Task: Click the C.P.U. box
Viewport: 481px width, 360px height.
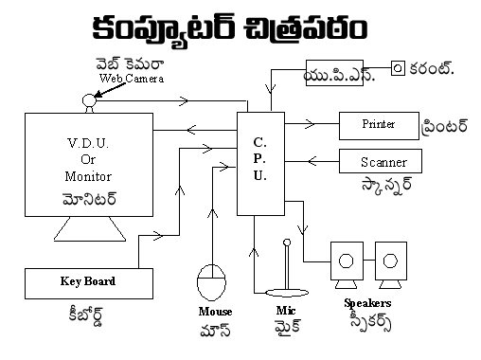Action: (260, 160)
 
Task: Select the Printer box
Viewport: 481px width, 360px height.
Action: (379, 125)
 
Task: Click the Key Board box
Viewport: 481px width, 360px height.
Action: (86, 281)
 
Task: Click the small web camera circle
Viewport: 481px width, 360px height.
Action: (90, 99)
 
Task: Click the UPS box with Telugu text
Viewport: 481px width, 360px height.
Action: (339, 70)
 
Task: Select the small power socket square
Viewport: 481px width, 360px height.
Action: (399, 68)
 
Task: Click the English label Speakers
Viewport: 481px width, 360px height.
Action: (368, 304)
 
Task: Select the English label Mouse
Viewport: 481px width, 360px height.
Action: (214, 310)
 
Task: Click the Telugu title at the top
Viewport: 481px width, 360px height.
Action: (240, 28)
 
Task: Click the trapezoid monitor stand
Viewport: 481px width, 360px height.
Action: (85, 230)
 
